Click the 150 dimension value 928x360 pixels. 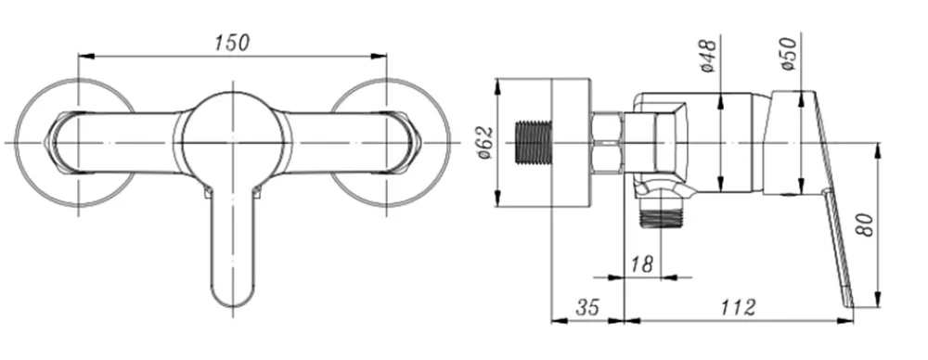(232, 43)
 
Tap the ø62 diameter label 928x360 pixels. (485, 143)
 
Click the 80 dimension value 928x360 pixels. (866, 225)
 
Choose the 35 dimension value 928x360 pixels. (587, 307)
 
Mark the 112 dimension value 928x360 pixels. (738, 307)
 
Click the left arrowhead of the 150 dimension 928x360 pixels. (85, 57)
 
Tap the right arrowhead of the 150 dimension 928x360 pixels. (379, 57)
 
